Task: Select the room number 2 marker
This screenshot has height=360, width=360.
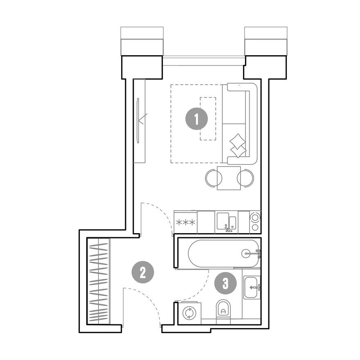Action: tap(143, 272)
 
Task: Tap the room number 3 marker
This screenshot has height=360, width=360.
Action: tap(225, 283)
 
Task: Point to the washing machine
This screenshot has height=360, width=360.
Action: tap(189, 313)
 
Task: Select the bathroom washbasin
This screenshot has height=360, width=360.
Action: tap(251, 287)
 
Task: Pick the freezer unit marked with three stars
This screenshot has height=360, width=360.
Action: tap(185, 222)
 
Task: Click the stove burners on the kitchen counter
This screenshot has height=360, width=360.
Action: tap(255, 222)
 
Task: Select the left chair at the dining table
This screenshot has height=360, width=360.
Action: tap(213, 178)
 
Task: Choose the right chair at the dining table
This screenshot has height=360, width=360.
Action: tap(246, 178)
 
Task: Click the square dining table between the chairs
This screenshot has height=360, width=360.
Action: tap(229, 178)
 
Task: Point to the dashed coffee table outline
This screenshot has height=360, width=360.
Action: tap(208, 119)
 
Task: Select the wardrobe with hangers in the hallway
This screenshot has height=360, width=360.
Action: tap(99, 281)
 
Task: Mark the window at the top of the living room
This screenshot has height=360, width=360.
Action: tap(203, 61)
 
